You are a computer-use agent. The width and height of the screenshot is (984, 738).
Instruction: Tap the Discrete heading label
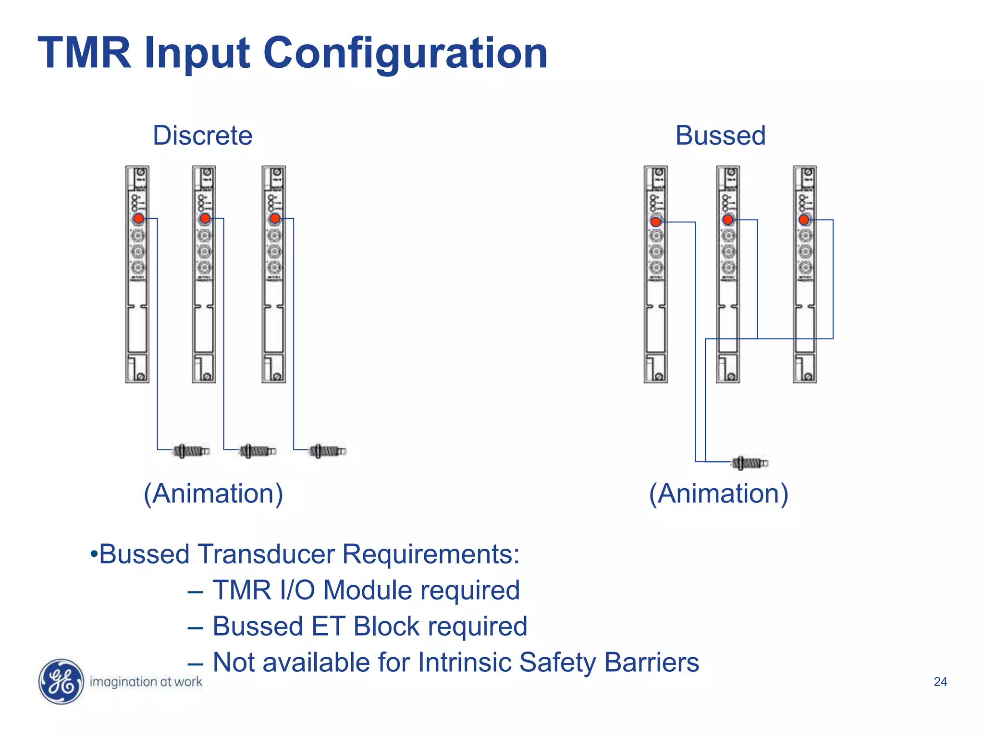(x=202, y=135)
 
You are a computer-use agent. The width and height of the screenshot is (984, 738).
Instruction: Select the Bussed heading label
(x=720, y=135)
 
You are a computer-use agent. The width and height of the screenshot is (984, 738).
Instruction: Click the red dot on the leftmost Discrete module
(x=139, y=219)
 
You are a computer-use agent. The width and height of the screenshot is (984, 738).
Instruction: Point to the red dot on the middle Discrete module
(x=205, y=219)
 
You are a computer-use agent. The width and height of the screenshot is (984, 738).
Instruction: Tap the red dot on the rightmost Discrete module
(x=275, y=219)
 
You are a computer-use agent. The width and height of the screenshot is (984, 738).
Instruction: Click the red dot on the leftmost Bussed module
(x=656, y=222)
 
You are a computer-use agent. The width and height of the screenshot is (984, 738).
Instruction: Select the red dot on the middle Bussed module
(x=728, y=220)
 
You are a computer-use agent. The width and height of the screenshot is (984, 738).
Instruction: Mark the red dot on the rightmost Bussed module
(x=804, y=220)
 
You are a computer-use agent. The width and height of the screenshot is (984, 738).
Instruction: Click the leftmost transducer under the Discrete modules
(x=191, y=451)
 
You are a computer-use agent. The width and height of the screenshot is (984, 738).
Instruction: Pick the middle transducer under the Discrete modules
(x=258, y=451)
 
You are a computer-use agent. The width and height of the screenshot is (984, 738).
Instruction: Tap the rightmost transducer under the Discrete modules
(x=327, y=451)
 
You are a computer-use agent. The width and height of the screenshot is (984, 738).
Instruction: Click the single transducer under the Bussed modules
(x=750, y=463)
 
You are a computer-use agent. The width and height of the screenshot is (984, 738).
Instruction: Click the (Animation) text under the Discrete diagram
(x=213, y=493)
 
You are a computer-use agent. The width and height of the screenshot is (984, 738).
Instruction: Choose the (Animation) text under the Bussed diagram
(x=719, y=493)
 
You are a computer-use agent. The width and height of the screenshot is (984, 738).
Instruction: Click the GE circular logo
(x=61, y=681)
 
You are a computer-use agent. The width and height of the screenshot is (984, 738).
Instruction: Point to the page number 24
(x=940, y=682)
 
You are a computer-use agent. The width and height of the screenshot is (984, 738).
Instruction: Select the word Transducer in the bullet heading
(x=266, y=554)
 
